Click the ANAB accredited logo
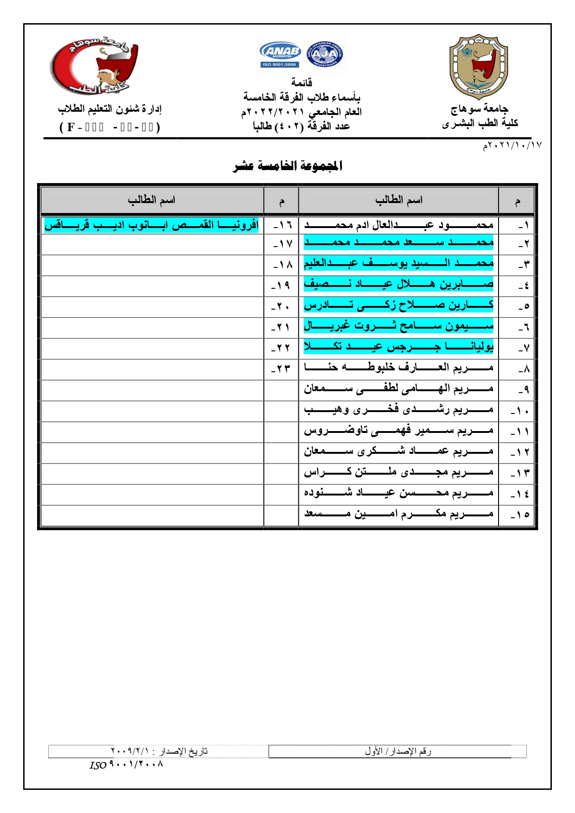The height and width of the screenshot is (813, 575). [280, 54]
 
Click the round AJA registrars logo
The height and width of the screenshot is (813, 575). [324, 54]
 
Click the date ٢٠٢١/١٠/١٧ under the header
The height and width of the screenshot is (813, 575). [512, 146]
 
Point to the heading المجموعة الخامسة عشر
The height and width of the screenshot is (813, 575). [287, 166]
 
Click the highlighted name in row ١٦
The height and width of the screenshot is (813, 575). [152, 225]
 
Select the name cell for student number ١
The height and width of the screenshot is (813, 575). [398, 225]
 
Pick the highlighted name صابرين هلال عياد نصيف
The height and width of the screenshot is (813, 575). [398, 284]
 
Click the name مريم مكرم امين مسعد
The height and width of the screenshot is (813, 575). [398, 514]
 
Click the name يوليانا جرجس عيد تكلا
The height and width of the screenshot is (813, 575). [398, 346]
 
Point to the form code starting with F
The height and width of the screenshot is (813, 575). [110, 127]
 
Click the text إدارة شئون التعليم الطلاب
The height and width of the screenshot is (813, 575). [110, 109]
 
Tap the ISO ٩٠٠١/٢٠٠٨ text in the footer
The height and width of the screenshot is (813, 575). [126, 764]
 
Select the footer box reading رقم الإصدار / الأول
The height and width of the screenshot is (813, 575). [398, 751]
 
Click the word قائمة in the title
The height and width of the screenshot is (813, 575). [302, 83]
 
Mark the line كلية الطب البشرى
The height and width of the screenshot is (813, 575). [480, 123]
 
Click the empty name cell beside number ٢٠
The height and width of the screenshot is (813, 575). [152, 307]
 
